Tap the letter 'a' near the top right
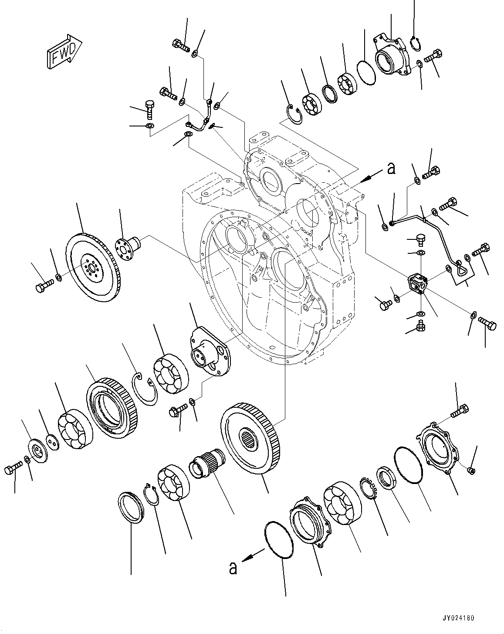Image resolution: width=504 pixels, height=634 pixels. coord(391,168)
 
